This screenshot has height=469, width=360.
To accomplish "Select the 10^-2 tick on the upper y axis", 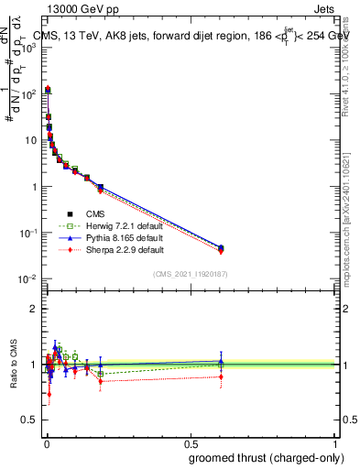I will point(30,278).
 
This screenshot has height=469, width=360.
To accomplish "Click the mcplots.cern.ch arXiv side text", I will point(351,192).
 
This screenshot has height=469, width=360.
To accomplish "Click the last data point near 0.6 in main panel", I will point(221,248).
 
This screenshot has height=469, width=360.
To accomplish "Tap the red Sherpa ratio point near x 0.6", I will point(221,376).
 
